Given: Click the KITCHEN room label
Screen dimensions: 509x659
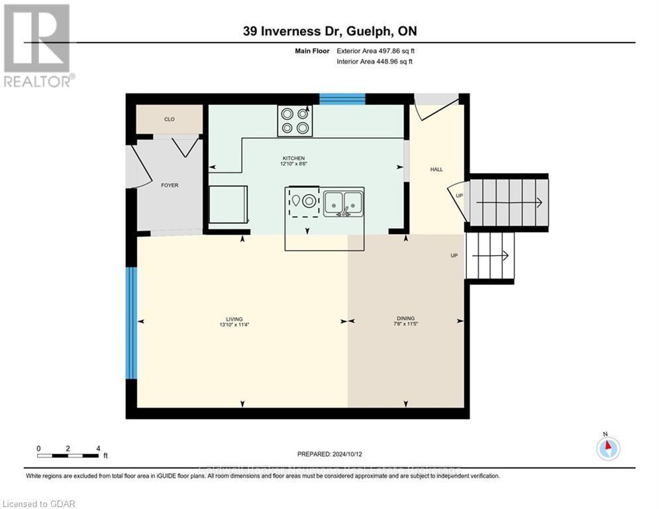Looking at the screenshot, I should click(x=292, y=158).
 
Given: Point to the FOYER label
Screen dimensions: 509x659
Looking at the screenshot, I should click(x=170, y=186).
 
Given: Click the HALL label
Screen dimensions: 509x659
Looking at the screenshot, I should click(x=436, y=170).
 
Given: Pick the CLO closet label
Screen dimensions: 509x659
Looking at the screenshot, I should click(x=169, y=119).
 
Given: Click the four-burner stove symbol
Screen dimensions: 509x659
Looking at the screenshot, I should click(x=295, y=121).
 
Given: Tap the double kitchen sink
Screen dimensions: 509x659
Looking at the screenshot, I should click(x=343, y=201).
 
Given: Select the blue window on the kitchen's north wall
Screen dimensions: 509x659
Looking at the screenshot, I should click(x=342, y=99).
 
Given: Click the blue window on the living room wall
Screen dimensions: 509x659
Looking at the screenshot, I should click(x=131, y=323).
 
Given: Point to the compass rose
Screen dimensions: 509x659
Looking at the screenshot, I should click(x=607, y=449).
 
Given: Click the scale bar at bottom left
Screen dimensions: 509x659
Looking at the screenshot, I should click(x=69, y=455).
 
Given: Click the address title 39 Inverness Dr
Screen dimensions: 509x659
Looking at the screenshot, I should click(x=329, y=31).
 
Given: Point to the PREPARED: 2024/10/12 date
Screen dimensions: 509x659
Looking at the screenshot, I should click(x=329, y=454).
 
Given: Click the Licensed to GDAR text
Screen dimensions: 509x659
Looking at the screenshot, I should click(x=38, y=504).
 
